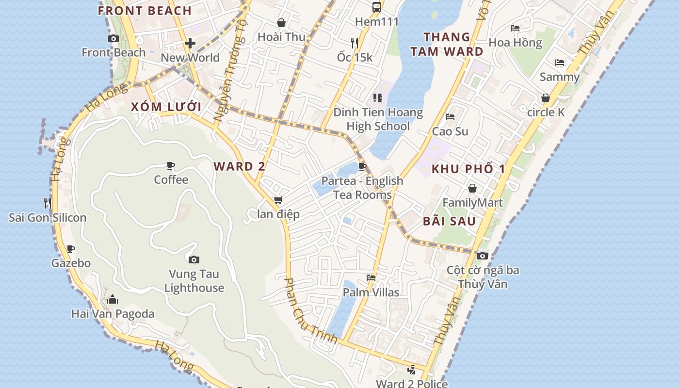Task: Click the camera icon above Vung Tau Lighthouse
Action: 194,259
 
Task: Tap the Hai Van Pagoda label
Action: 113,314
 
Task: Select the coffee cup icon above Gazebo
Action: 71,249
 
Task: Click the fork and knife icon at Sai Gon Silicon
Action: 47,203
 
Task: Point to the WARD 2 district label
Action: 239,166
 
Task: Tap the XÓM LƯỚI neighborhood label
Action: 166,107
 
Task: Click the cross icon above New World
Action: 190,43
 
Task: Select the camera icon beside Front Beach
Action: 113,38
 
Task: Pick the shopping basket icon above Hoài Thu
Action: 281,22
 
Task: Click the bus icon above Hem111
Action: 376,7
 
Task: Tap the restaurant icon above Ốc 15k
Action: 355,43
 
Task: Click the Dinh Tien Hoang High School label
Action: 378,119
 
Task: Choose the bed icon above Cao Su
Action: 450,117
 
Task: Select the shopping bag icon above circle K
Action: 546,98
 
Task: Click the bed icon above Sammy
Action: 559,63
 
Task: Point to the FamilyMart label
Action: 472,202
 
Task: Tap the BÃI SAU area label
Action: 449,221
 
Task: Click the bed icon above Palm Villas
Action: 371,278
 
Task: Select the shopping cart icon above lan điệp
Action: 278,200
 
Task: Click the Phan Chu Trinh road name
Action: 310,311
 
